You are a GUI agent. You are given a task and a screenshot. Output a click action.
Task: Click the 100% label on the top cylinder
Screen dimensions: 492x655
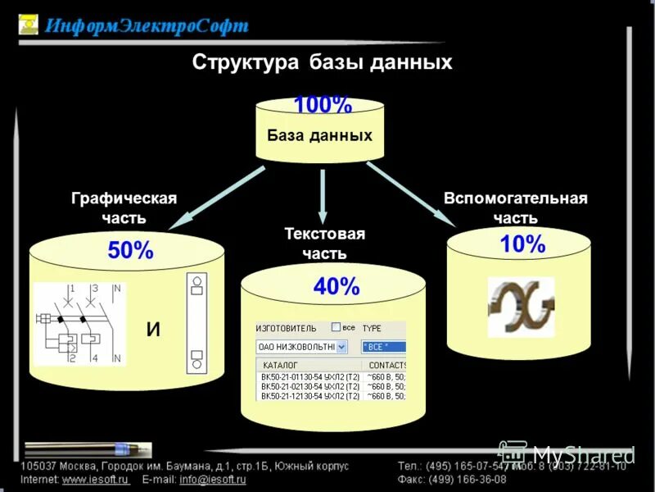click(323, 106)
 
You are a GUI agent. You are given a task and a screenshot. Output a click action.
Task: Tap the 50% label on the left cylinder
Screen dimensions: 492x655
click(130, 251)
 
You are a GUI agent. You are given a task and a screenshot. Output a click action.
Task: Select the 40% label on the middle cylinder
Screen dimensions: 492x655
click(337, 286)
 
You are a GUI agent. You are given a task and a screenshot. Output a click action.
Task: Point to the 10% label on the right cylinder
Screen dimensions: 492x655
click(522, 244)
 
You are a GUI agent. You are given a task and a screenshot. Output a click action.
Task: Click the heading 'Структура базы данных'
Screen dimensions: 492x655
click(322, 62)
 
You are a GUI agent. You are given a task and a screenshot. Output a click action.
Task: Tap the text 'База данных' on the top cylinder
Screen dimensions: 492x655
click(319, 135)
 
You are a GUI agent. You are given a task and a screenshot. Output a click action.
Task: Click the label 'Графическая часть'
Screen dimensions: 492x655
click(124, 208)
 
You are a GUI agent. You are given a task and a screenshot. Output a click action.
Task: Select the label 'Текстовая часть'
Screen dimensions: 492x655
click(324, 244)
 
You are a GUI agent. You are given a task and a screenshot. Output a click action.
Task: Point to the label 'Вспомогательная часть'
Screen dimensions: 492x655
click(516, 208)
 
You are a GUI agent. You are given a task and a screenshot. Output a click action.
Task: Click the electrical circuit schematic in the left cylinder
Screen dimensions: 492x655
click(79, 324)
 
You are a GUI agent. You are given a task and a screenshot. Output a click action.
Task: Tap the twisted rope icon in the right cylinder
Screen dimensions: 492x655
click(521, 307)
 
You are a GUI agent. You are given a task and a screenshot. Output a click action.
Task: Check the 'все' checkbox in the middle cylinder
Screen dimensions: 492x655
click(336, 326)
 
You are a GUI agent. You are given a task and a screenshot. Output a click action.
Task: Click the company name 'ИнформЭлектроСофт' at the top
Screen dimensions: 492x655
click(146, 25)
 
